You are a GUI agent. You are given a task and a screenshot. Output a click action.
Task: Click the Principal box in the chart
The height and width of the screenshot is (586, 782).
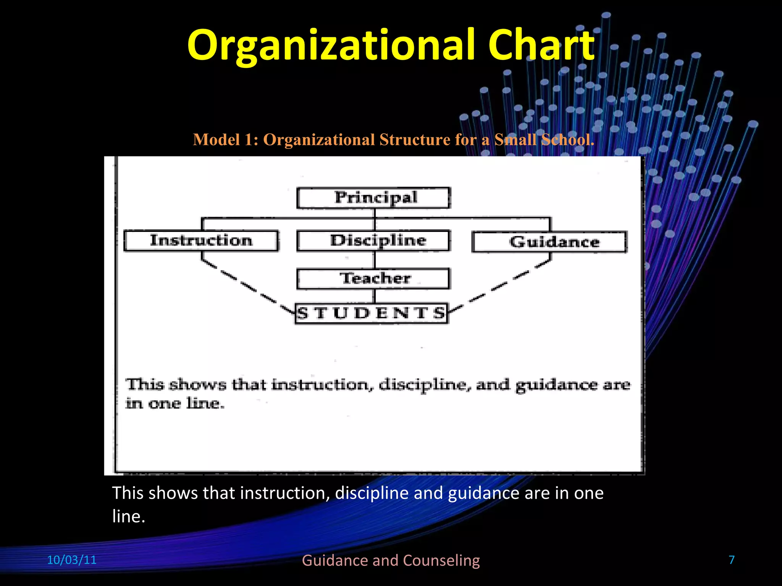pyautogui.click(x=374, y=198)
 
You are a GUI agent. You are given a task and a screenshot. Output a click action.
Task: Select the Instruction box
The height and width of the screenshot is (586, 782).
pyautogui.click(x=201, y=240)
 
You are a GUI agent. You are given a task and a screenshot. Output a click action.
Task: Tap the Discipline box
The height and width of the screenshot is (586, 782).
pyautogui.click(x=374, y=240)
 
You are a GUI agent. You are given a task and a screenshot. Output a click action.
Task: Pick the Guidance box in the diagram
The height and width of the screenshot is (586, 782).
pyautogui.click(x=549, y=242)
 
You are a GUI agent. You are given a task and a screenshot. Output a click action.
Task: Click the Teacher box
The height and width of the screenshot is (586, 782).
pyautogui.click(x=373, y=279)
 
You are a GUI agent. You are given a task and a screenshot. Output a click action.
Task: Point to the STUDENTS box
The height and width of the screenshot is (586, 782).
pyautogui.click(x=371, y=313)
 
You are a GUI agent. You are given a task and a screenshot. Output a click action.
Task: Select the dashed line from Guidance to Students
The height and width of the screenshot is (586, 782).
pyautogui.click(x=500, y=286)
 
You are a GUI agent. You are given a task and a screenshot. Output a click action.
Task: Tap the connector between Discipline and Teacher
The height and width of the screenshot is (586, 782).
pyautogui.click(x=375, y=260)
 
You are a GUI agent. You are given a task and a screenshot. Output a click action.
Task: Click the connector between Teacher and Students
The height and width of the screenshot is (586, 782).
pyautogui.click(x=375, y=296)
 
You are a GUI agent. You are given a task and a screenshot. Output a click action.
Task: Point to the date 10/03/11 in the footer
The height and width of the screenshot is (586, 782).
pyautogui.click(x=71, y=560)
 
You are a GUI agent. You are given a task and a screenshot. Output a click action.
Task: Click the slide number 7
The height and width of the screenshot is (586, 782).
pyautogui.click(x=732, y=560)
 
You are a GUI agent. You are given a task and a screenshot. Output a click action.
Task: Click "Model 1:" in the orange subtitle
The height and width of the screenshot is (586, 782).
pyautogui.click(x=226, y=140)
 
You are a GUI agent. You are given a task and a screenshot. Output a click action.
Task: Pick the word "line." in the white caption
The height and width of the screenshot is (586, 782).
pyautogui.click(x=129, y=516)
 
